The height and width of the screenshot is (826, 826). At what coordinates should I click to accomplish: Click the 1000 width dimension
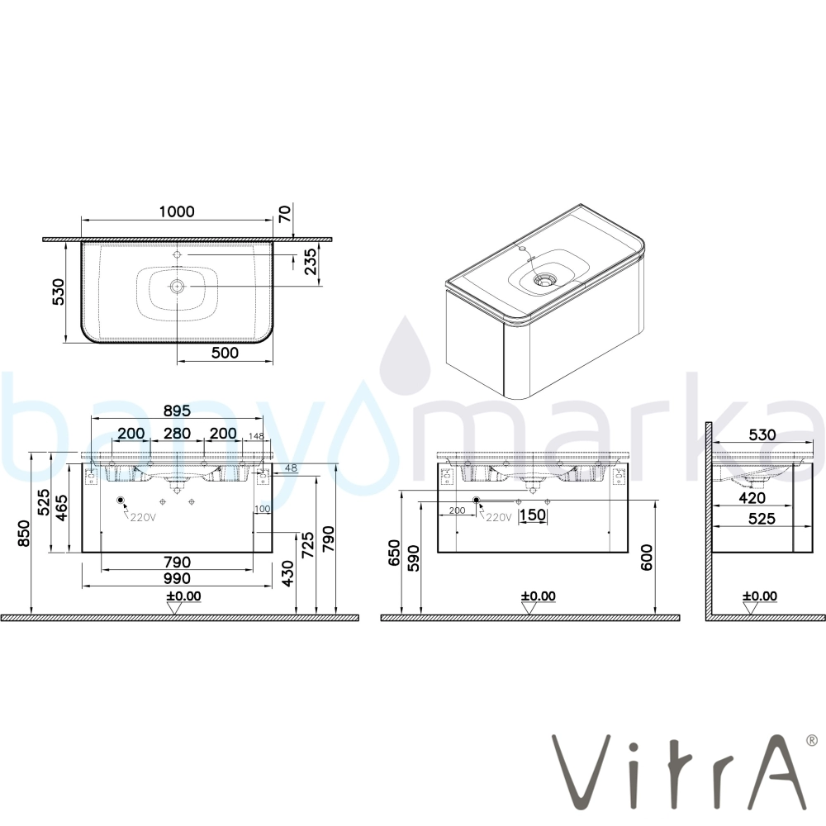[177, 211]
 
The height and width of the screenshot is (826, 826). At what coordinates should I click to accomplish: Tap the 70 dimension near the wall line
[284, 214]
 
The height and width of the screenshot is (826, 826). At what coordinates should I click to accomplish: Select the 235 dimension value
[311, 261]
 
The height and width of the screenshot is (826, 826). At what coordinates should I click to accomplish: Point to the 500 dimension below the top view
[225, 353]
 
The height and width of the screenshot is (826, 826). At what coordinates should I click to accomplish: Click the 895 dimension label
[177, 411]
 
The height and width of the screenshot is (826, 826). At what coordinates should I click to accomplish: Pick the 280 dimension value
[177, 433]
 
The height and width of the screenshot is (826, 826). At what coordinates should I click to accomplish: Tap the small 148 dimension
[256, 436]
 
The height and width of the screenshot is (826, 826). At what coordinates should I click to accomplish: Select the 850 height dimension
[24, 533]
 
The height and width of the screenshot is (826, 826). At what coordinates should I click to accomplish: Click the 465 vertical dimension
[62, 508]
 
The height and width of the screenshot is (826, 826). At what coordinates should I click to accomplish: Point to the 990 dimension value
[177, 578]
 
